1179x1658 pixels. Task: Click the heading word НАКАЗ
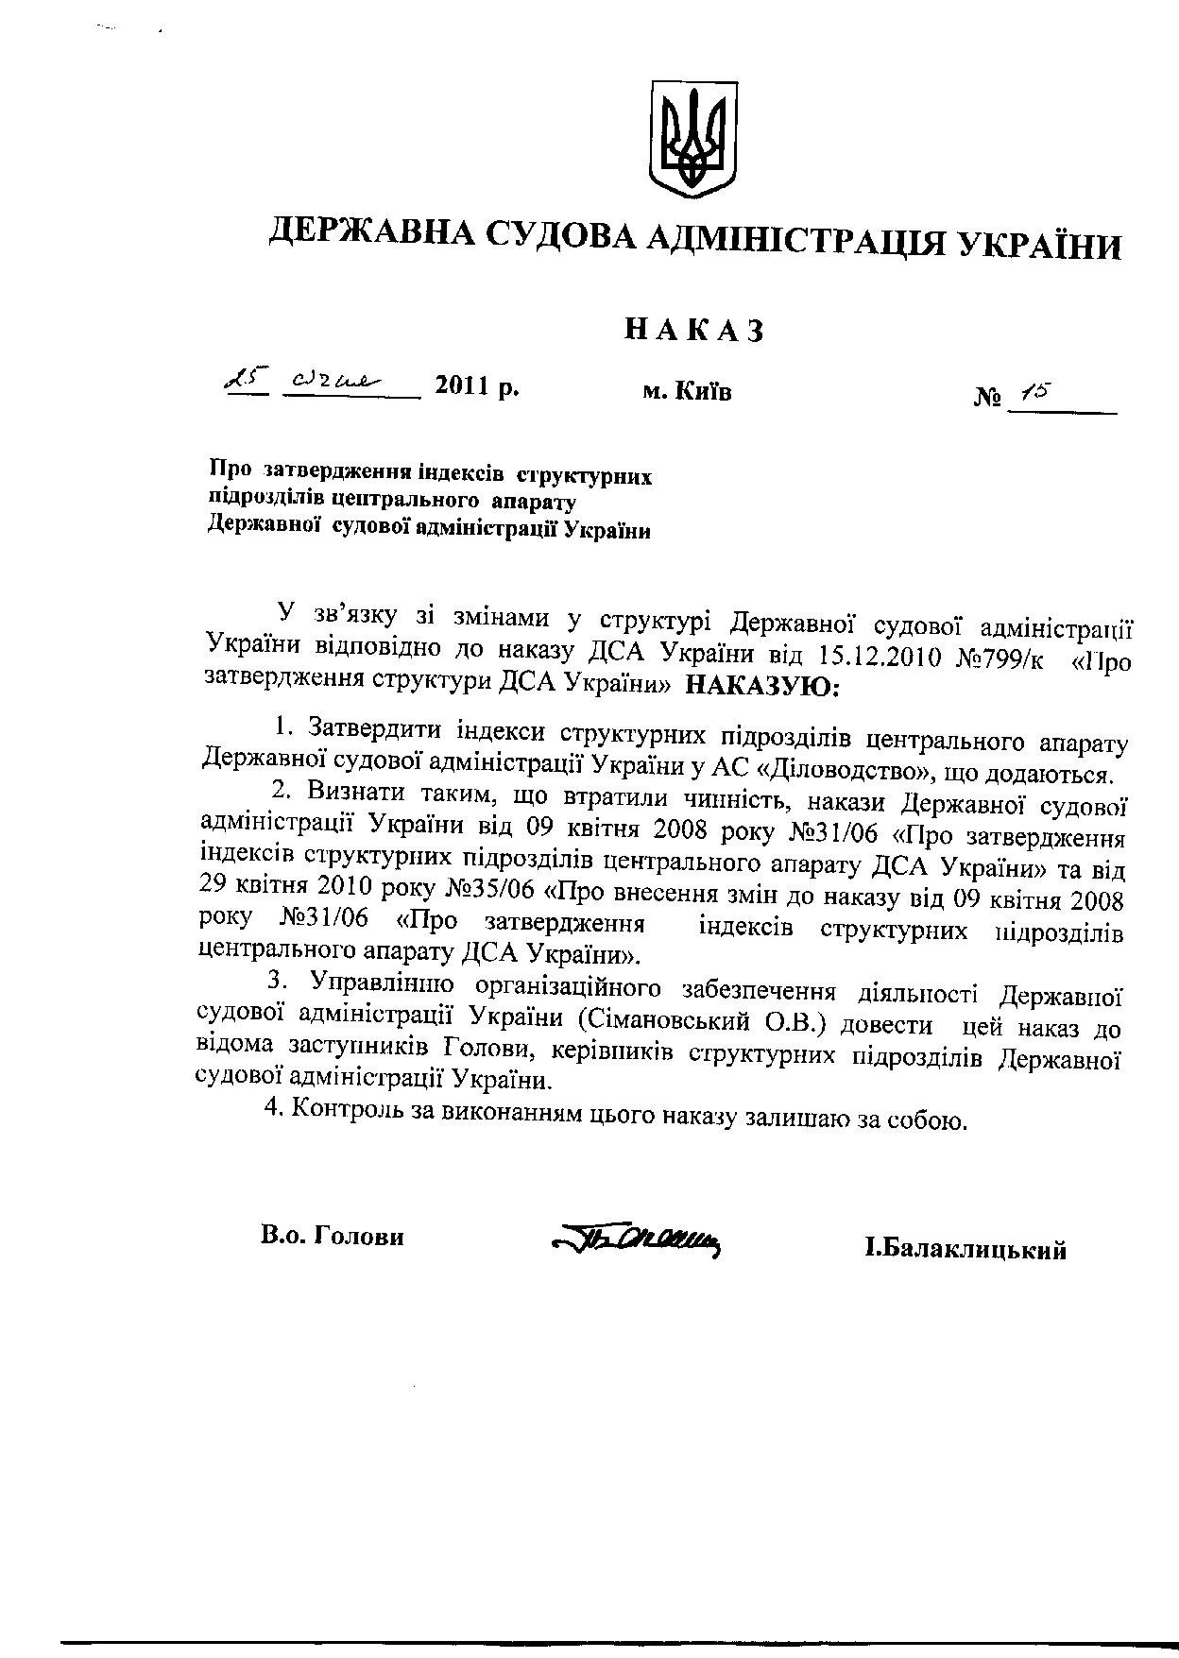(x=693, y=330)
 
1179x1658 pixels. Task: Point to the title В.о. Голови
(x=333, y=1236)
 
